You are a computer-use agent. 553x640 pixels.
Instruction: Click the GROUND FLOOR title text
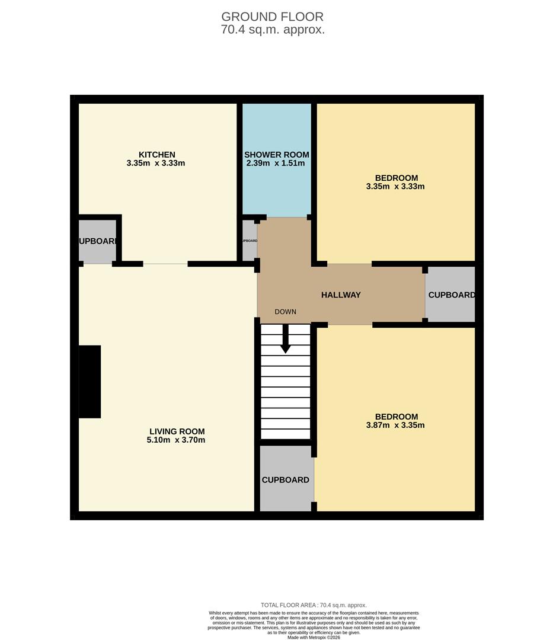tap(273, 17)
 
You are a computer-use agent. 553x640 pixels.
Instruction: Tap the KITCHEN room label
tap(156, 155)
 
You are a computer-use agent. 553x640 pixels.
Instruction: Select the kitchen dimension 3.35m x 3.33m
tap(156, 163)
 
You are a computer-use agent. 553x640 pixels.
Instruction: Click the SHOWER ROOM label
tap(277, 155)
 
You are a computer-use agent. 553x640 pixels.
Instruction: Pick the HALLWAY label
tap(341, 295)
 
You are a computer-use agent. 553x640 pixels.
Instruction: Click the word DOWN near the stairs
tap(285, 312)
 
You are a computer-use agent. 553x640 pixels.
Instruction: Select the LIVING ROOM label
tap(177, 431)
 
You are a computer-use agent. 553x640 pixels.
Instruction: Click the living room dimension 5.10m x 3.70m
tap(176, 440)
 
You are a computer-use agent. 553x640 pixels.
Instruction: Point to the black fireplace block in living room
tap(89, 382)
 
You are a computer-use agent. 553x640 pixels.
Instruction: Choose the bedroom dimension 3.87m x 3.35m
tap(395, 425)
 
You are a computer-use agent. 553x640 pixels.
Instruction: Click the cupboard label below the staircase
tap(286, 480)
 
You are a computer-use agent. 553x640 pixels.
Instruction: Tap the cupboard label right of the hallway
tap(451, 295)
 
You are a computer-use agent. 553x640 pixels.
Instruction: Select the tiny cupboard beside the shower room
tap(250, 241)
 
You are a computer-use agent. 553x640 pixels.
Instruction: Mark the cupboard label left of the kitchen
tap(98, 241)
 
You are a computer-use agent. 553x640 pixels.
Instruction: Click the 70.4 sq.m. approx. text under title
tap(273, 30)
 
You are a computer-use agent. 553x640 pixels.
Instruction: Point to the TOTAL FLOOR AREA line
tap(314, 605)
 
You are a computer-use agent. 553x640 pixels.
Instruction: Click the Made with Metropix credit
tap(314, 637)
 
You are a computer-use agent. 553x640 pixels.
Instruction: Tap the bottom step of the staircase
tap(285, 434)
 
